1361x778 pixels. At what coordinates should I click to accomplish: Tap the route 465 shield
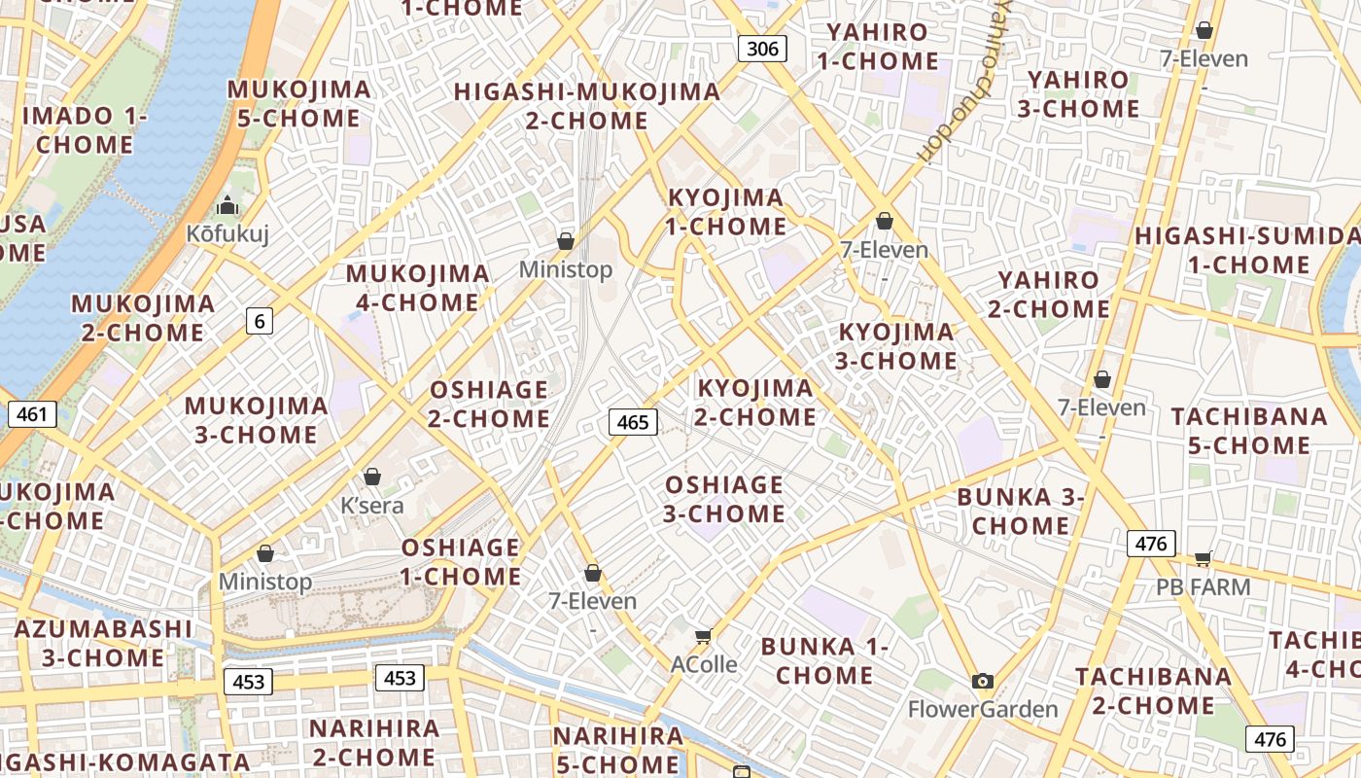[633, 422]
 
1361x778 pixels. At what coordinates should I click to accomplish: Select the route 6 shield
[259, 320]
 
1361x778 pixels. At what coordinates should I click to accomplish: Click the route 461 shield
[32, 414]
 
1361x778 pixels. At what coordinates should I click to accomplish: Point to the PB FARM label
[1203, 587]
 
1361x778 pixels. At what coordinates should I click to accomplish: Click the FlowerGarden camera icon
[983, 681]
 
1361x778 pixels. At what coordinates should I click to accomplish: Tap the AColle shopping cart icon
[703, 636]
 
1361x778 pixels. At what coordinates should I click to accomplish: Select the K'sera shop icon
[371, 477]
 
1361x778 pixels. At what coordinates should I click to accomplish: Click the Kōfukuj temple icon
[227, 205]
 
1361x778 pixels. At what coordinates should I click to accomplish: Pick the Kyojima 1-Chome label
[726, 212]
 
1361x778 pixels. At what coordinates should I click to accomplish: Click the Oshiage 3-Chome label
[724, 499]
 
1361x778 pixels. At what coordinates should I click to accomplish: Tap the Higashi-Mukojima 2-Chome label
[587, 106]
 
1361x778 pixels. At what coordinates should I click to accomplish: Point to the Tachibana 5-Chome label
[1248, 431]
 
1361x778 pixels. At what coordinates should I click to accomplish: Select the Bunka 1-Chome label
[824, 660]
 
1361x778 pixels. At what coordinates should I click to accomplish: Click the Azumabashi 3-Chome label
[103, 643]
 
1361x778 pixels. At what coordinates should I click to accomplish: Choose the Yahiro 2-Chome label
[1048, 295]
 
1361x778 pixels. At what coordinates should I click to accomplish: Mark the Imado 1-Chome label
[85, 130]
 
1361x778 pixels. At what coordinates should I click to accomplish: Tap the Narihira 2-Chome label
[374, 742]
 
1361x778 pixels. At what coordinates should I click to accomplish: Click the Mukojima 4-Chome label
[417, 288]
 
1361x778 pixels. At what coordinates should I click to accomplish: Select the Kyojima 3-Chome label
[896, 346]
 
